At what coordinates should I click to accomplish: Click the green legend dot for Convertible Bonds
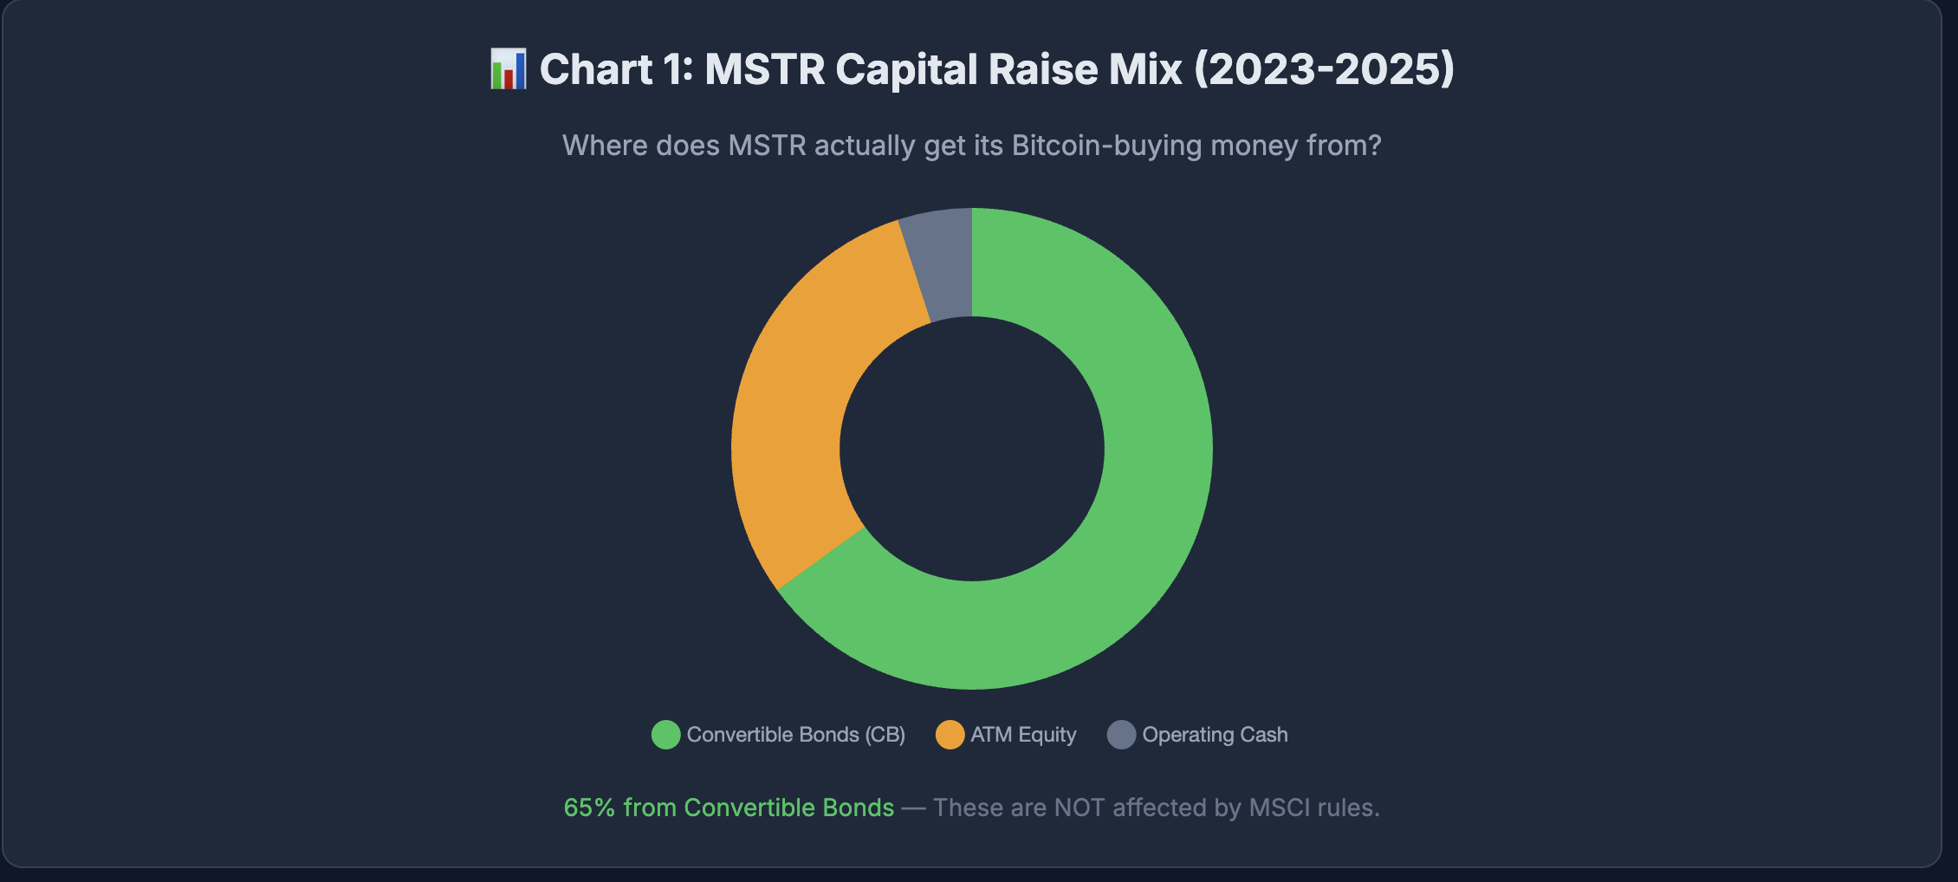tap(665, 735)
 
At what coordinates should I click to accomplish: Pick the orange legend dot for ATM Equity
tap(950, 735)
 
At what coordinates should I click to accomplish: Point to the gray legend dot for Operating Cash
tap(1121, 735)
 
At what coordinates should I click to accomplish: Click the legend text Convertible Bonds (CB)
tap(795, 735)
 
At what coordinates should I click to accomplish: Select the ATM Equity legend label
tap(1023, 735)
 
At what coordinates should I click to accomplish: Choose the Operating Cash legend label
tap(1215, 735)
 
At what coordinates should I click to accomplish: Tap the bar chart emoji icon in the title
tap(508, 69)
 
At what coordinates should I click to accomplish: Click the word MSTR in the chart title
tap(764, 69)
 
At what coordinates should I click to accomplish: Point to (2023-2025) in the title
tap(1324, 69)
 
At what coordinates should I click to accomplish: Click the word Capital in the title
tap(906, 69)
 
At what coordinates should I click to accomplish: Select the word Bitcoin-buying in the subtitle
tap(1106, 146)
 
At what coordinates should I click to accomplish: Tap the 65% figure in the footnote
tap(589, 807)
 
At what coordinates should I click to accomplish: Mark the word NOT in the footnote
tap(1079, 807)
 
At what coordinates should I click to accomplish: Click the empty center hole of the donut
tap(972, 449)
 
